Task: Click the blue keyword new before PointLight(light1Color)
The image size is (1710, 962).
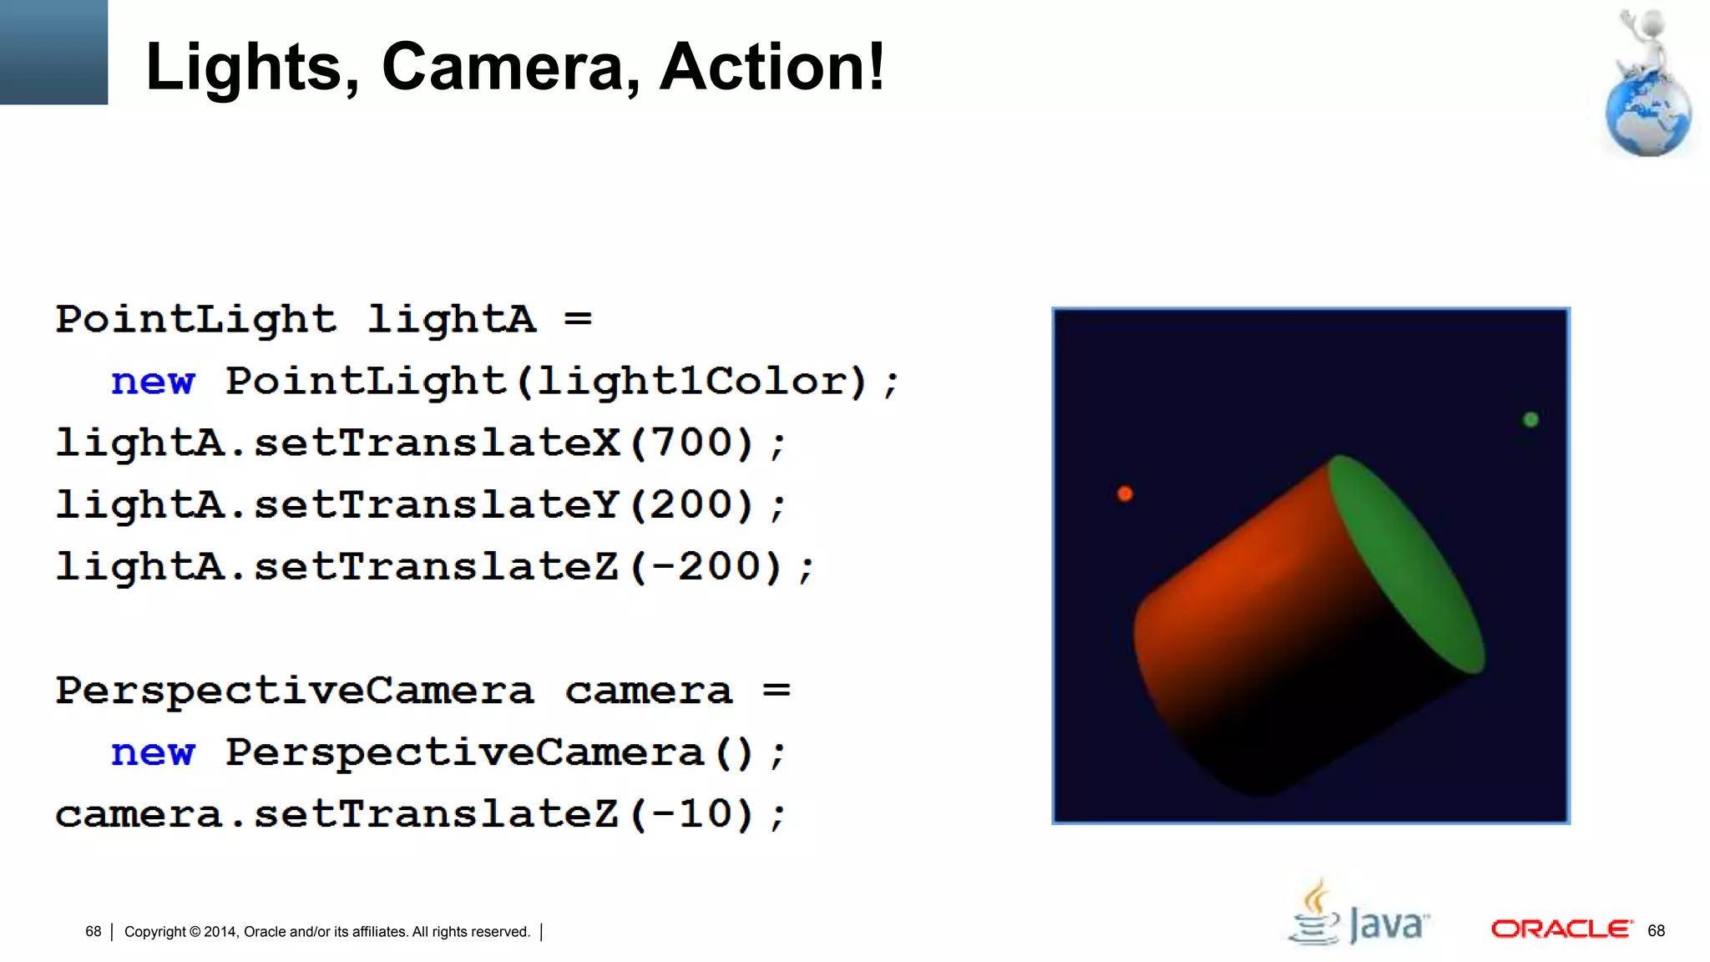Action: [x=153, y=382]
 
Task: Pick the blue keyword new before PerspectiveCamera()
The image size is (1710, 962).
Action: [x=153, y=753]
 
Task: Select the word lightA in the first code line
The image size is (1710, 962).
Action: [x=451, y=320]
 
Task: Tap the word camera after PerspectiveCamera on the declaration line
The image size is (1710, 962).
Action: [x=649, y=691]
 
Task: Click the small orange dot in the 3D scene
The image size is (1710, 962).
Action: [x=1125, y=494]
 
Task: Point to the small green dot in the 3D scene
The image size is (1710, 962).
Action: [x=1530, y=419]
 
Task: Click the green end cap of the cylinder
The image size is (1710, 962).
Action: [x=1406, y=564]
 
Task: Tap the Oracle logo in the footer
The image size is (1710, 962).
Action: [x=1561, y=929]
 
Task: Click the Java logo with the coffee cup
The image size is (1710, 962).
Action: [x=1358, y=914]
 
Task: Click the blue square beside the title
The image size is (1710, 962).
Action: [x=53, y=52]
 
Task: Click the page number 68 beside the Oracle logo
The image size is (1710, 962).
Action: [x=1657, y=931]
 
